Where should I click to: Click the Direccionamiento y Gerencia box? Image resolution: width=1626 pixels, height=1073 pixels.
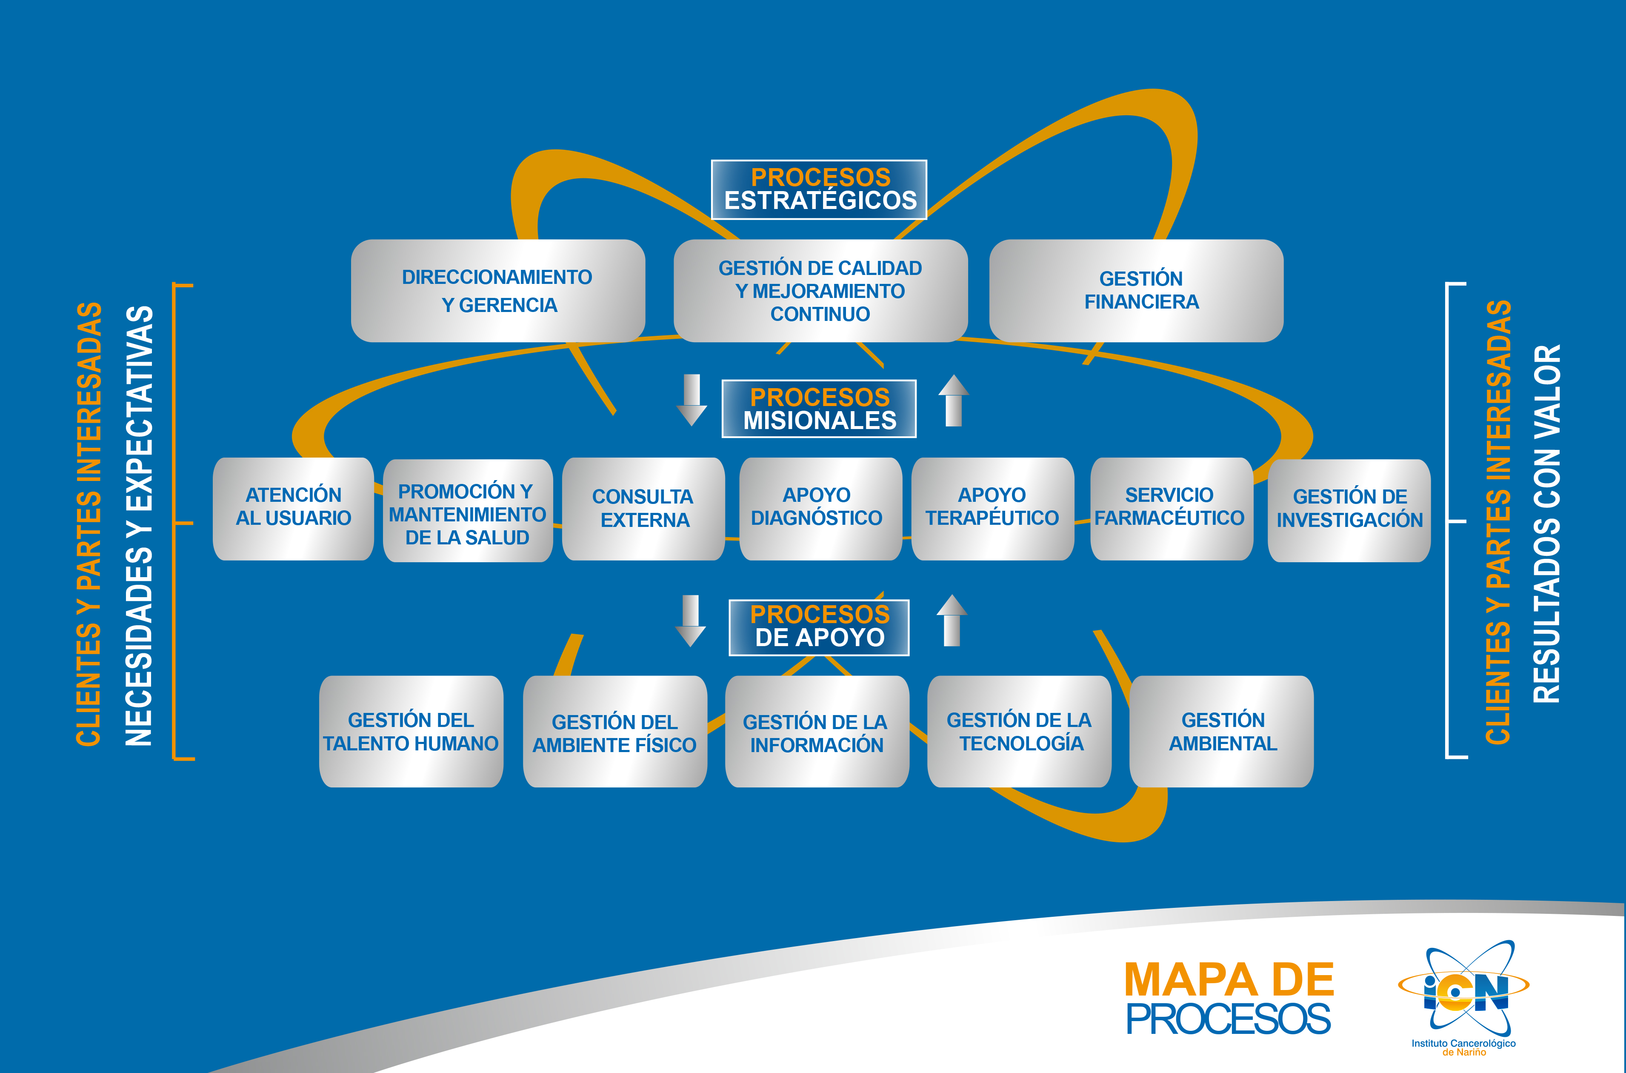point(497,291)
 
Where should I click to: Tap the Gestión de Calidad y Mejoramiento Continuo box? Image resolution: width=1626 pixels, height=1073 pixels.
point(820,291)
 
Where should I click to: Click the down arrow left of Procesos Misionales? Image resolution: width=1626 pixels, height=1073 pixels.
point(692,401)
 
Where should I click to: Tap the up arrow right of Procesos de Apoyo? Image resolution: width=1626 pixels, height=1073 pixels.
point(952,620)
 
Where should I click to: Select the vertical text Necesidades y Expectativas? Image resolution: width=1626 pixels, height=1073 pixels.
point(139,526)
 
